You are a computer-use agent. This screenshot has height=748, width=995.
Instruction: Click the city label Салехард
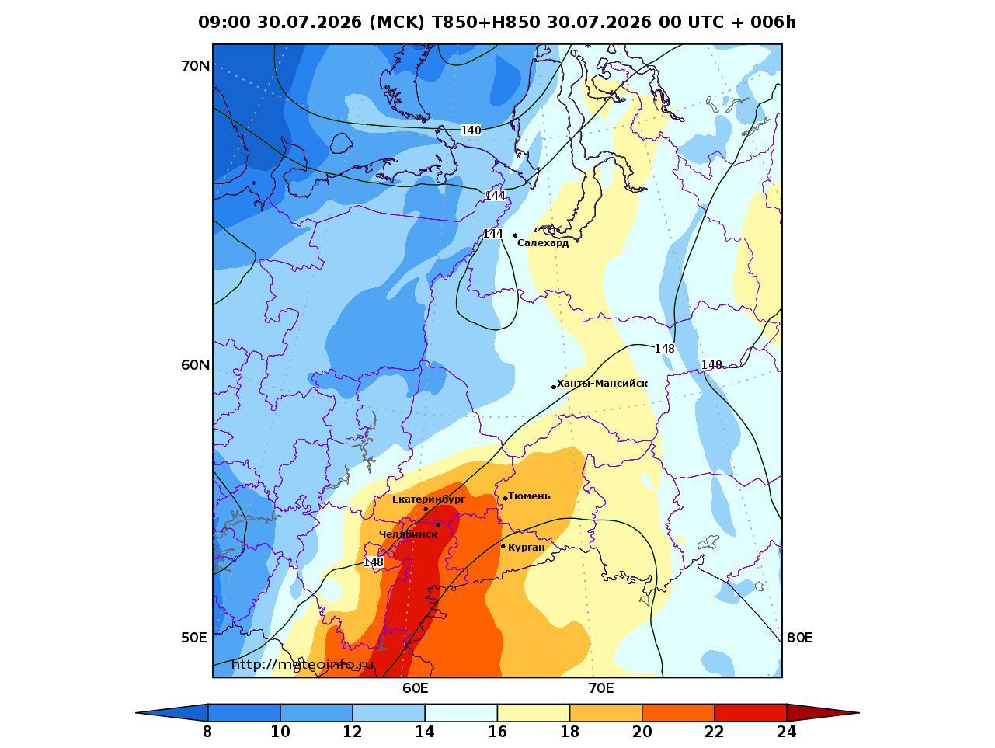(543, 243)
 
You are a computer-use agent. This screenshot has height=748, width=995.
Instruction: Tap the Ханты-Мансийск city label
(602, 384)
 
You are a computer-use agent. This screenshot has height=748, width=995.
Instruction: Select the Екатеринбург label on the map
(429, 499)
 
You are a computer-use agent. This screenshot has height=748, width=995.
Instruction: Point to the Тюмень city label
(529, 496)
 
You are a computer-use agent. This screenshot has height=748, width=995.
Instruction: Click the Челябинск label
(408, 534)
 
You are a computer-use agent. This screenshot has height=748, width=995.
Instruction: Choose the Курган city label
(527, 547)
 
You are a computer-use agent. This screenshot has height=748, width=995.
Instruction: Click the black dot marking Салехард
(516, 235)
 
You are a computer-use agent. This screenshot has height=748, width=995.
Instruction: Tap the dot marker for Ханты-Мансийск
(554, 387)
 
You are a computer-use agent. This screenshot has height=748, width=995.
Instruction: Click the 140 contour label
(471, 130)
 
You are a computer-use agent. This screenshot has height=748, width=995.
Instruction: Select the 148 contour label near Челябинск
(374, 562)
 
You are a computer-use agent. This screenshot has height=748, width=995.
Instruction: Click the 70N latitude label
(196, 66)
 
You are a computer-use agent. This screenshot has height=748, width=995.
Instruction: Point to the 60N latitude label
(196, 365)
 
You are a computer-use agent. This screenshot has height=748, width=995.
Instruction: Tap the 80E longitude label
(799, 638)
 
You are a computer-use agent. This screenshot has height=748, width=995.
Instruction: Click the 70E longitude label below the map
(601, 688)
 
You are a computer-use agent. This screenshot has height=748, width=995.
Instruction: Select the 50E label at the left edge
(193, 638)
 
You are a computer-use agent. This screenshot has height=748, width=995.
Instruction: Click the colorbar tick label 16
(497, 731)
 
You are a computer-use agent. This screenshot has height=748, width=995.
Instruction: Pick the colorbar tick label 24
(787, 731)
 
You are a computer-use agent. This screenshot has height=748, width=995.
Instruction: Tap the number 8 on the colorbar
(207, 731)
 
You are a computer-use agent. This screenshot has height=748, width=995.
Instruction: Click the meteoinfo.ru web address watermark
(302, 665)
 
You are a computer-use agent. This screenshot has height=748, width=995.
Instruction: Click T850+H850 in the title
(486, 22)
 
